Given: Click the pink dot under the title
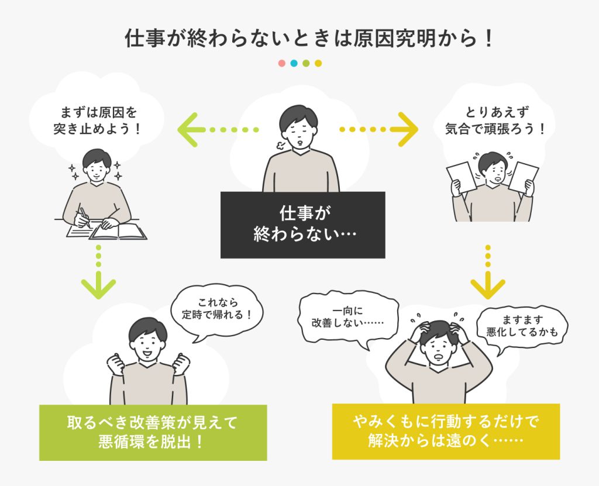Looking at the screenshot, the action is tap(282, 63).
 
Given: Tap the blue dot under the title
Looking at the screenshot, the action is tap(294, 63).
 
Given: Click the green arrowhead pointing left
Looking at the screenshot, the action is tap(187, 130).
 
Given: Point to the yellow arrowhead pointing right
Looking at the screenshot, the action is tap(408, 129).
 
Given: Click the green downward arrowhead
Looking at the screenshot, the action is tap(98, 285).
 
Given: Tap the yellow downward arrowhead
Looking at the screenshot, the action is tap(488, 285).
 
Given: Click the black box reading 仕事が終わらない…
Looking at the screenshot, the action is tap(302, 225).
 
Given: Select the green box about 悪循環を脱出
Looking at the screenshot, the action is tap(153, 433).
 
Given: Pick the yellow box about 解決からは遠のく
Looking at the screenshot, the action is tap(446, 432).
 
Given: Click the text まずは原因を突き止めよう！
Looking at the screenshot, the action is tap(98, 120).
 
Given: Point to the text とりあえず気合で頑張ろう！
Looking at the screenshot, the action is tap(495, 120).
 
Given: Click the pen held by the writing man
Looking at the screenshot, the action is tap(85, 218).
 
